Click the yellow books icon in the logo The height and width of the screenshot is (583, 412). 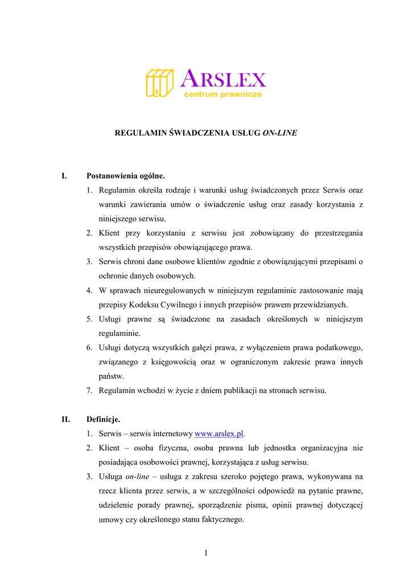(159, 83)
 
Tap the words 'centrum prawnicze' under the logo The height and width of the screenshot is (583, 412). (223, 95)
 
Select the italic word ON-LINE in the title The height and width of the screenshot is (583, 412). (279, 133)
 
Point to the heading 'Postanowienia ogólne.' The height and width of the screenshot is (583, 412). (125, 176)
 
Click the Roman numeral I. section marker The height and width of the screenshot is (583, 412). (64, 176)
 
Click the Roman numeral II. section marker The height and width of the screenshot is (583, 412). (65, 420)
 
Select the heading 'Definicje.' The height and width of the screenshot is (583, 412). (103, 420)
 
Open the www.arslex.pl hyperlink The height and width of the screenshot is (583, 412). (219, 434)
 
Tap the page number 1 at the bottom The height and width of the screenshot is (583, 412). (206, 552)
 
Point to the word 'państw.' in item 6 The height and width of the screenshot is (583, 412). (111, 376)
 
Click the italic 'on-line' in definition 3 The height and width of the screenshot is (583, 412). (137, 477)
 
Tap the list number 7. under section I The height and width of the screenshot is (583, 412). (90, 391)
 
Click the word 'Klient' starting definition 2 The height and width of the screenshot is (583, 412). (109, 448)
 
